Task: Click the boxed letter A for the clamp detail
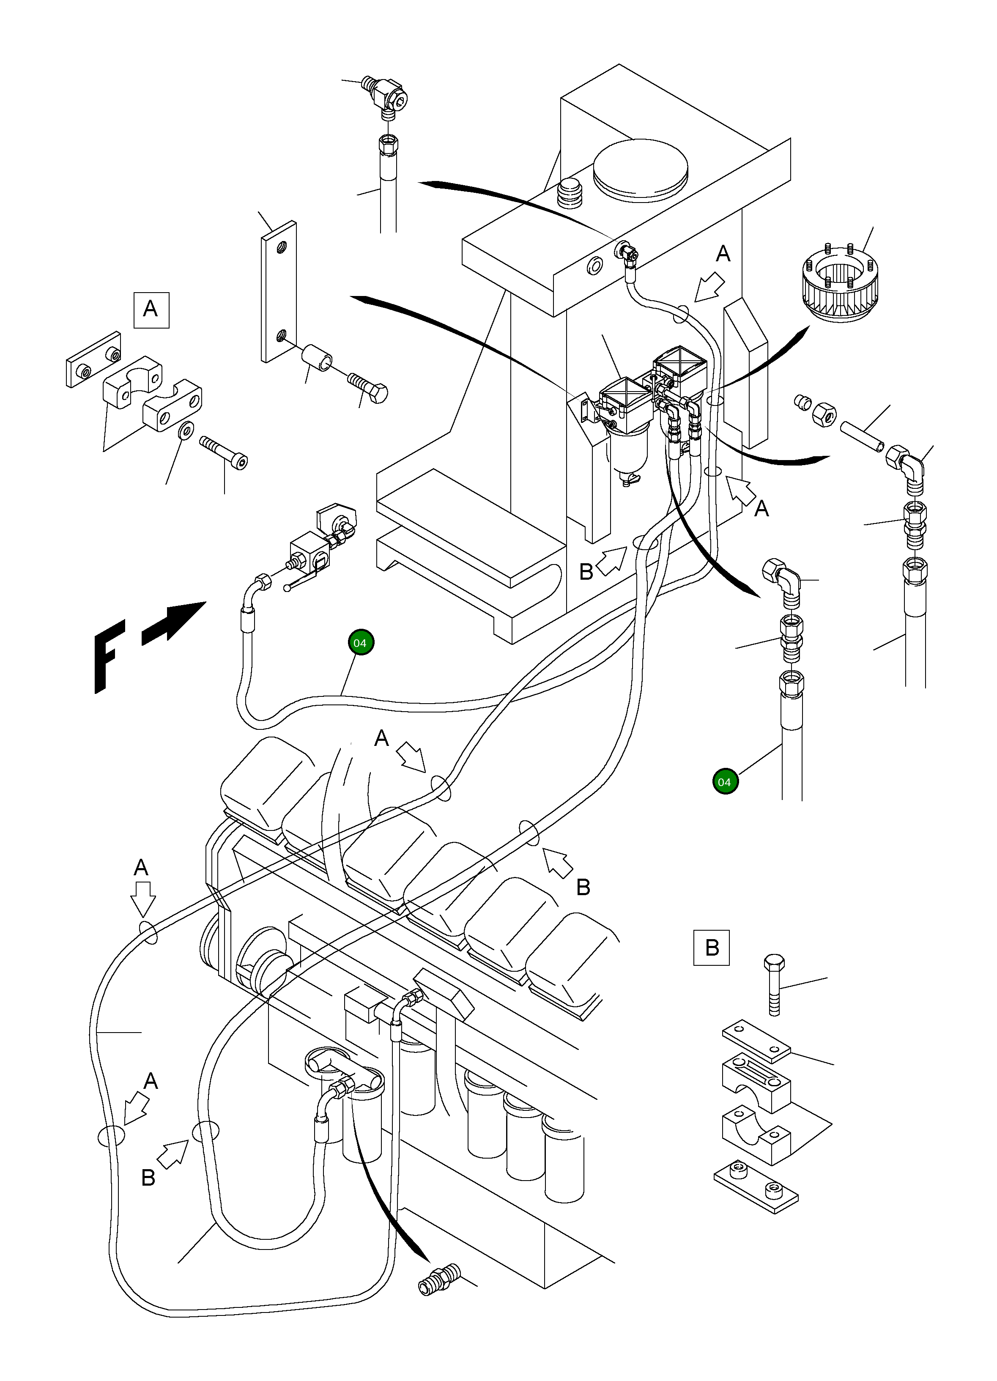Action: [151, 310]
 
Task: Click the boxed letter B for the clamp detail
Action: [711, 948]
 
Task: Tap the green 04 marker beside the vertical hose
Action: [725, 782]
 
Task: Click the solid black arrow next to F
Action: [174, 622]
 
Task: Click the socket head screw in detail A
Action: [224, 452]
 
